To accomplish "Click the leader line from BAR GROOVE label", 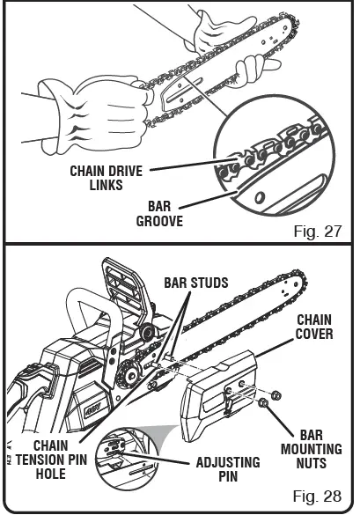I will pos(213,199).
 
